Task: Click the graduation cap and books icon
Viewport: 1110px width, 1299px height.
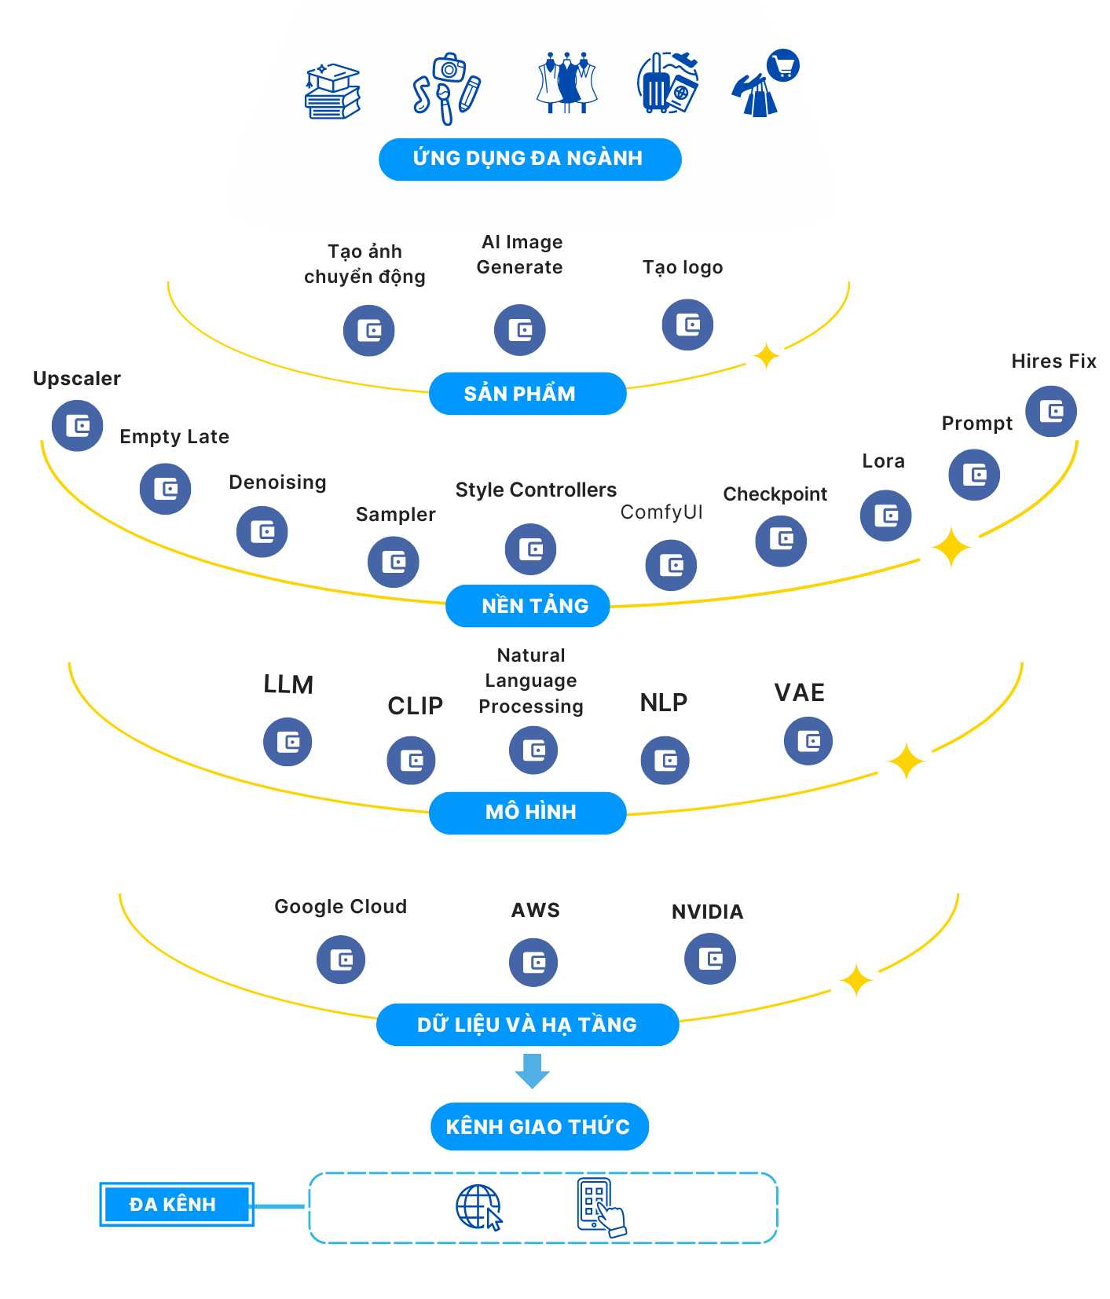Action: click(332, 91)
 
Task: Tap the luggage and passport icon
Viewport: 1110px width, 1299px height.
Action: click(667, 84)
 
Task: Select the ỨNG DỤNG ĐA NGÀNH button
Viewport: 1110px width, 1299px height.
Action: click(529, 160)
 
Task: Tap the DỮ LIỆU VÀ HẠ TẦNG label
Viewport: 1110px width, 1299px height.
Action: click(527, 1025)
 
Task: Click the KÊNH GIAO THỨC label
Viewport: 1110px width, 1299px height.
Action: click(539, 1127)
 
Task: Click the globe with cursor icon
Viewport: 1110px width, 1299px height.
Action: click(478, 1207)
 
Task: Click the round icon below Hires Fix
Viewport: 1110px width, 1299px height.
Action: click(1050, 411)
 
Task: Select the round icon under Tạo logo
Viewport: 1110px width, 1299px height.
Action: click(687, 325)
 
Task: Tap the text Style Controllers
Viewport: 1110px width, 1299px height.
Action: click(536, 490)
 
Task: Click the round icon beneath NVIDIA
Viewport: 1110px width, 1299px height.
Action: click(710, 959)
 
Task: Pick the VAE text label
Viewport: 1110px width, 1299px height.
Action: click(799, 692)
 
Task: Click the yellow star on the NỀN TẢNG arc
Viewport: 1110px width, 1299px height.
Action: click(951, 547)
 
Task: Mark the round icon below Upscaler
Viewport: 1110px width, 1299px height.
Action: click(77, 426)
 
